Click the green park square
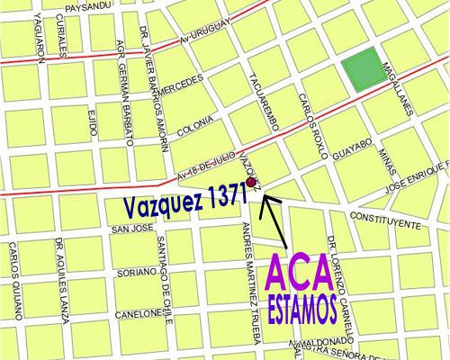360,69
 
